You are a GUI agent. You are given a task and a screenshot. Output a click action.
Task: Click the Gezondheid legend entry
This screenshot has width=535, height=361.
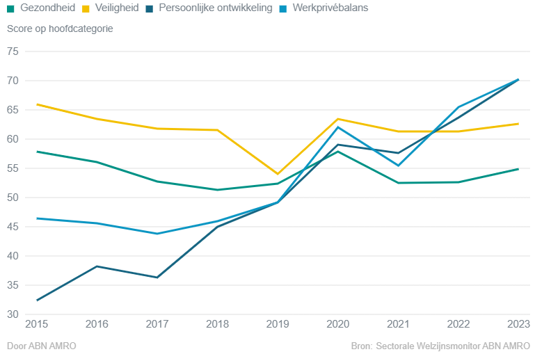click(42, 8)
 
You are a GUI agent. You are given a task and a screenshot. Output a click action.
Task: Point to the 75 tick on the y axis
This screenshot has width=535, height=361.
click(13, 51)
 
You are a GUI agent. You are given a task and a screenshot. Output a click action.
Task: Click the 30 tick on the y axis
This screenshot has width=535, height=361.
click(13, 314)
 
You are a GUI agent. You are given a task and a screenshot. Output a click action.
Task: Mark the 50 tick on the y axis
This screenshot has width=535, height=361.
click(13, 198)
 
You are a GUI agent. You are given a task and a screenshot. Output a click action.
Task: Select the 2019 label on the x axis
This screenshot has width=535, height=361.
click(278, 325)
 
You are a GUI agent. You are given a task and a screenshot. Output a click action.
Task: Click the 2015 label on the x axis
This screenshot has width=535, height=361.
click(37, 325)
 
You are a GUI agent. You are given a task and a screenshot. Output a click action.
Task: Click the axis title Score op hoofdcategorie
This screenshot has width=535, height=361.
click(60, 29)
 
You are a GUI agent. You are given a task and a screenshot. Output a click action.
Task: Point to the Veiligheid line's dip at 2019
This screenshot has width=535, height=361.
click(278, 174)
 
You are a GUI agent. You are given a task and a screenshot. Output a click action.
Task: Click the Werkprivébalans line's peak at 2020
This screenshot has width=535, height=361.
click(338, 127)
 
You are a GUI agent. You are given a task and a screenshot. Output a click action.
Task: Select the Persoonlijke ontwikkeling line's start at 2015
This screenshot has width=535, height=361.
click(37, 300)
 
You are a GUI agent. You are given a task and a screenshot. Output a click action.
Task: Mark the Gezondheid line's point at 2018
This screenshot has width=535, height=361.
click(217, 190)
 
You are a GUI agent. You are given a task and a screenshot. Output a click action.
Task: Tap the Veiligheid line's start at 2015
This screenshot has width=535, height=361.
click(37, 104)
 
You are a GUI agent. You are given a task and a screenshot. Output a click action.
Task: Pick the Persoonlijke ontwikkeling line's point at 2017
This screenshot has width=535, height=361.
click(157, 278)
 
